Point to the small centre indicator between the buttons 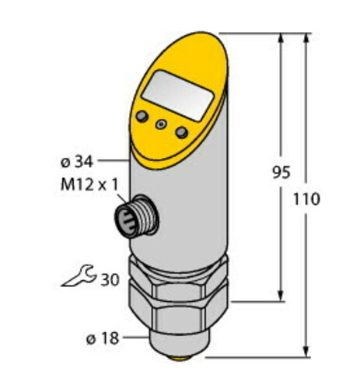(162, 124)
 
